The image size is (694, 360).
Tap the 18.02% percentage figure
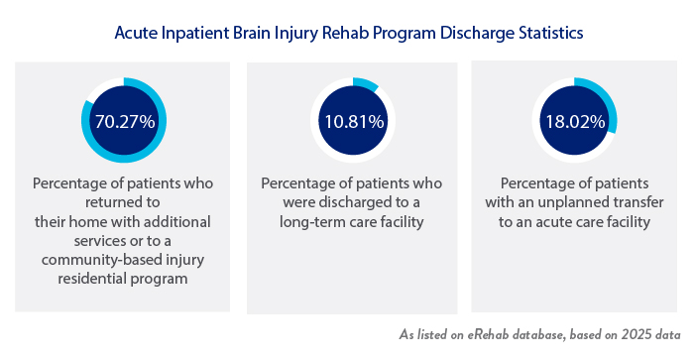click(574, 121)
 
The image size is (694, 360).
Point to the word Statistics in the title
click(543, 33)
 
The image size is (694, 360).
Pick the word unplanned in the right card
click(572, 203)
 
